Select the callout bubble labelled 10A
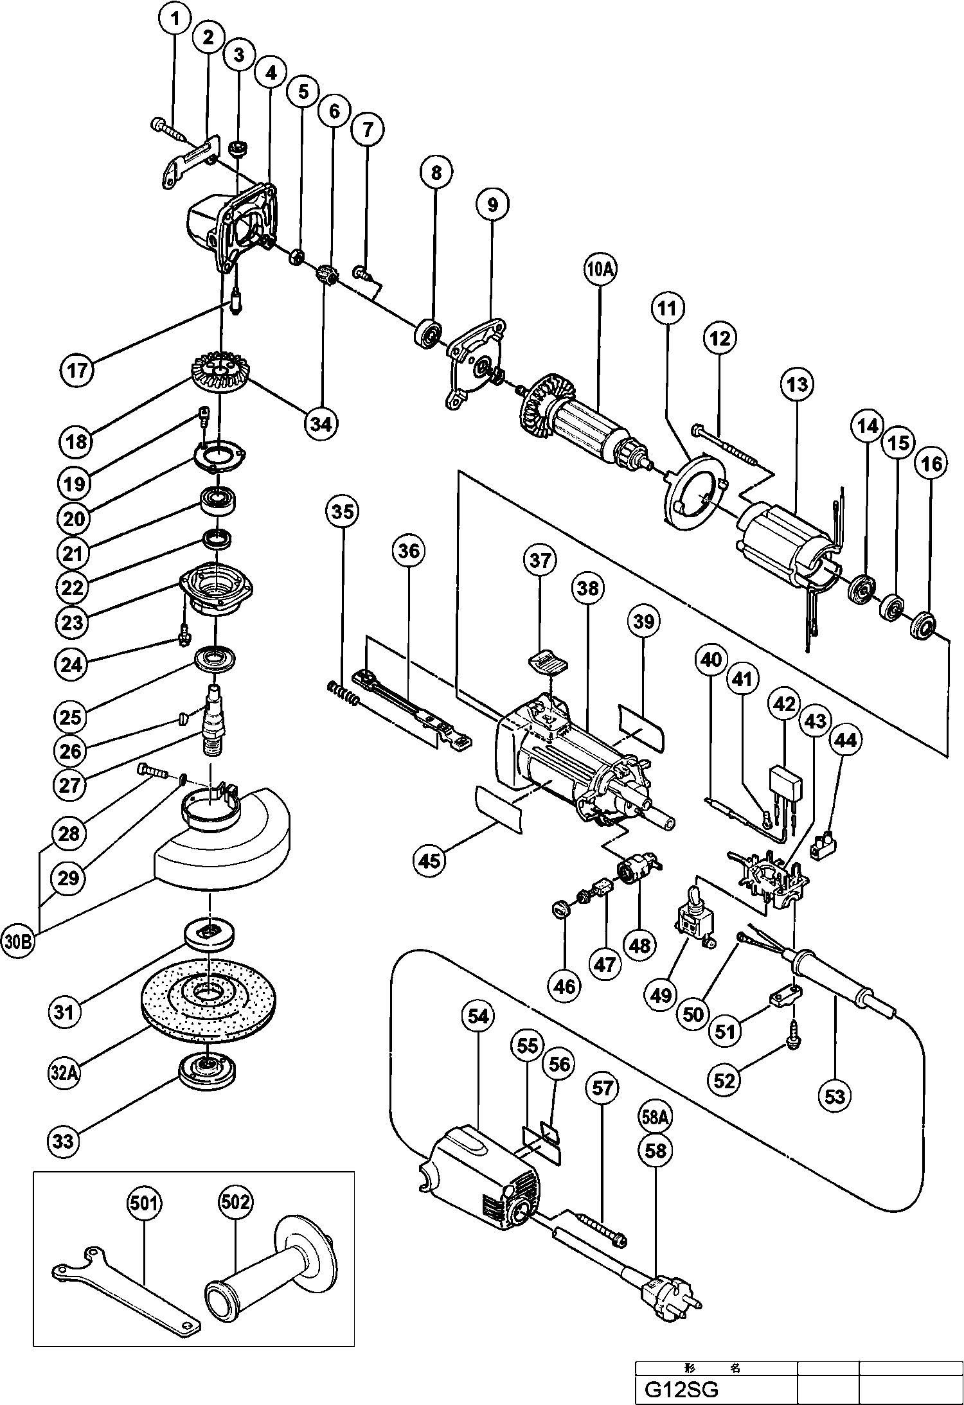pyautogui.click(x=600, y=270)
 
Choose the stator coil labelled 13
pyautogui.click(x=785, y=546)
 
